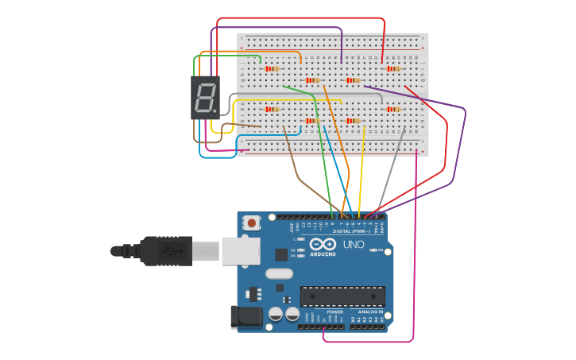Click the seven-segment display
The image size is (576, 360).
pos(205,98)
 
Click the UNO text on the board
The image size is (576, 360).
pos(354,245)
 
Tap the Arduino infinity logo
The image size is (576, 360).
pos(323,245)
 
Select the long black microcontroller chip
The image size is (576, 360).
pos(342,296)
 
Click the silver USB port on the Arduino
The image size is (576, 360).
pos(240,250)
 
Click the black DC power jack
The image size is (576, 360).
pos(245,315)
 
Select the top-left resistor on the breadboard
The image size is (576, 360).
pos(273,69)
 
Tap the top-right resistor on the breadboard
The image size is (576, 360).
pos(392,69)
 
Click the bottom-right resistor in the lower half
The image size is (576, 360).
pos(392,109)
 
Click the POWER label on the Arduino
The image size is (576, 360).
pos(334,312)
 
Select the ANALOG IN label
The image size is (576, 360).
pos(369,312)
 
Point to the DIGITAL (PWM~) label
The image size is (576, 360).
pos(353,230)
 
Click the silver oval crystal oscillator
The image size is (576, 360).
pos(279,273)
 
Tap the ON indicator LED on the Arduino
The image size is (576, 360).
pos(372,250)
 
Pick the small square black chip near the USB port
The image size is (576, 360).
pos(281,254)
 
